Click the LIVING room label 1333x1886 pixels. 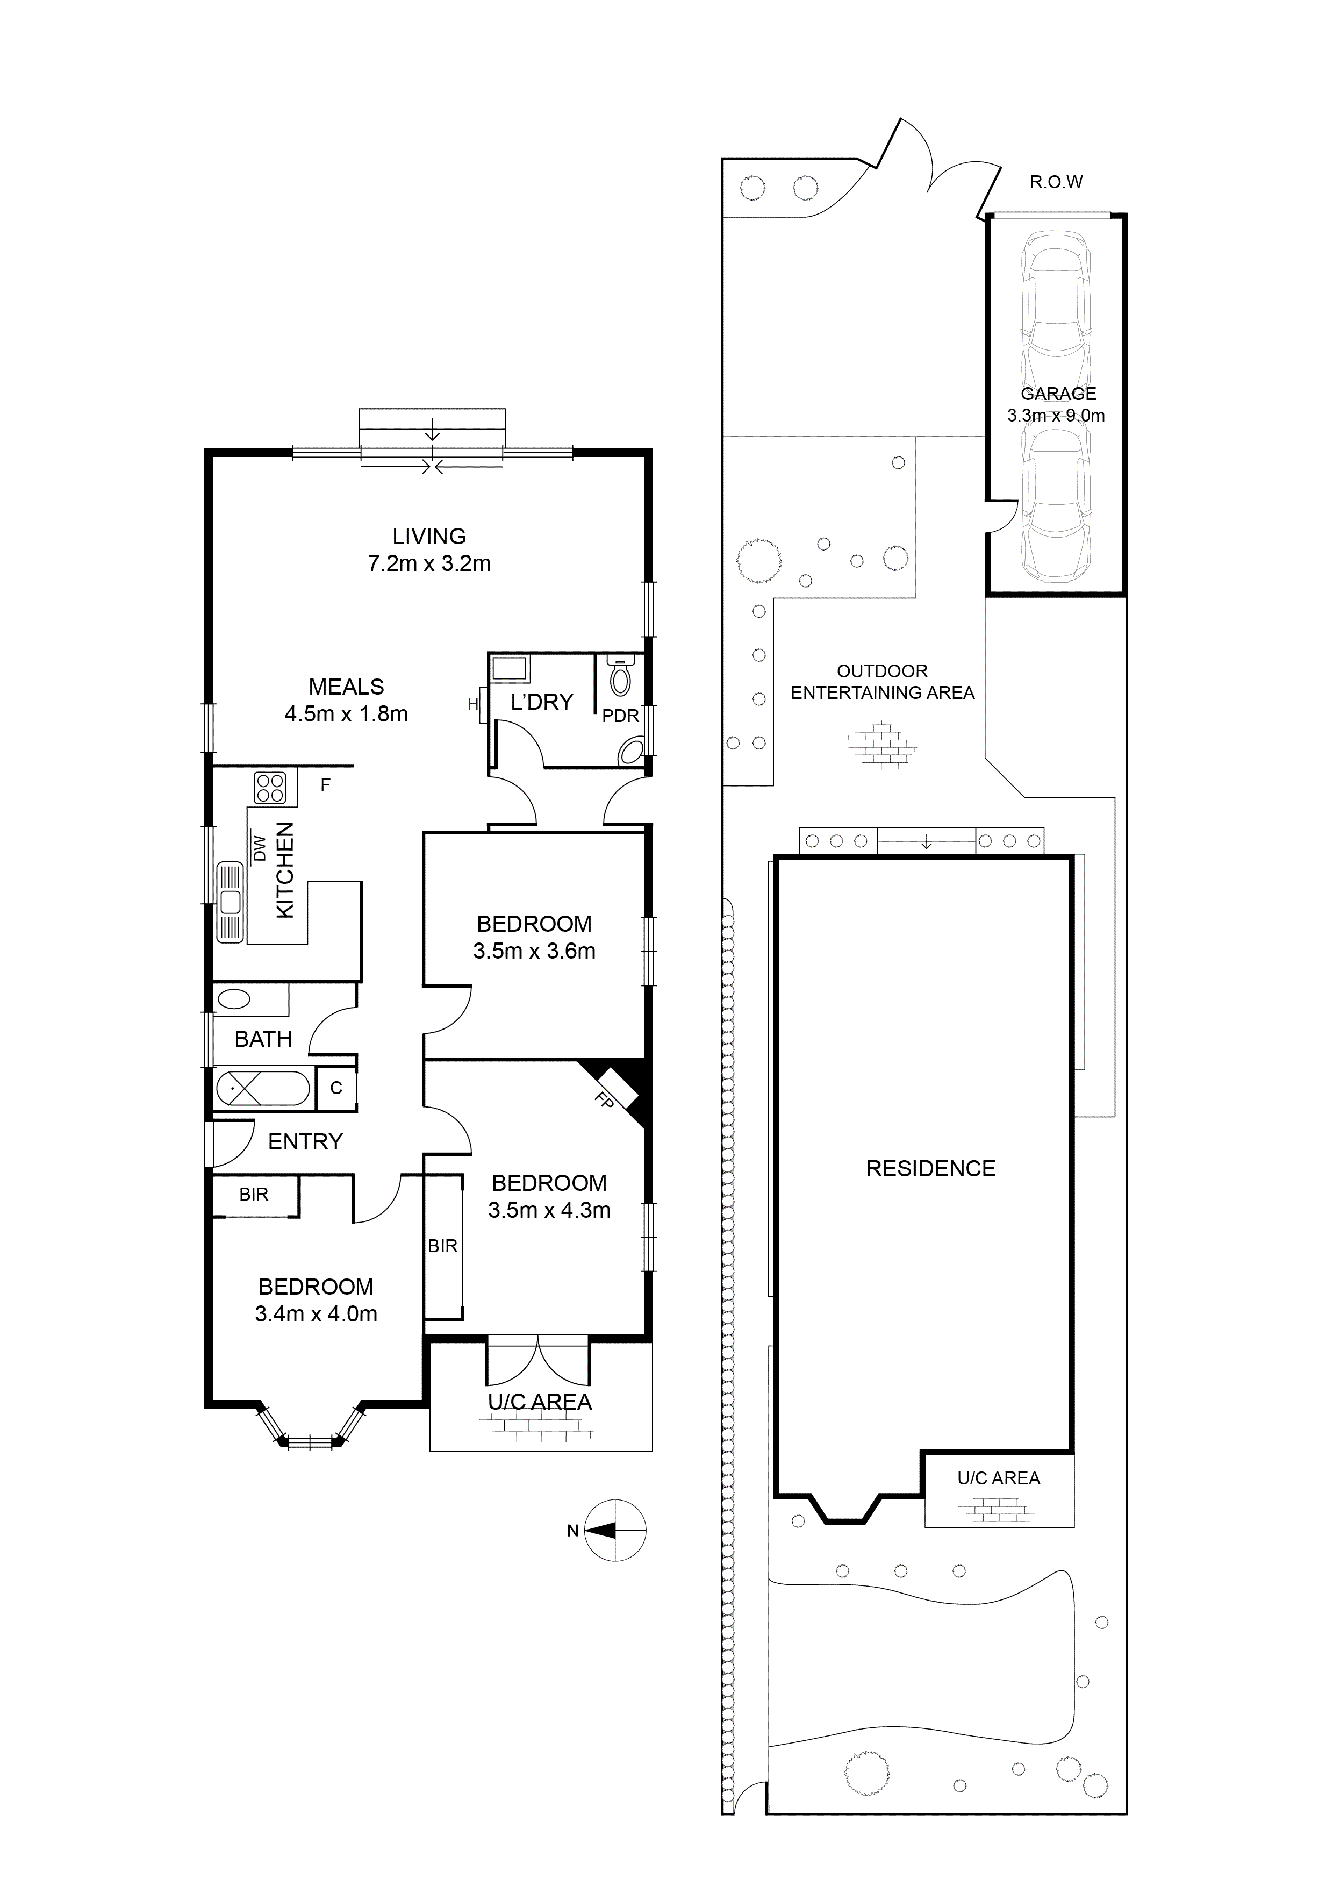429,537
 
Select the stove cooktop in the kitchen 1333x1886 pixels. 270,788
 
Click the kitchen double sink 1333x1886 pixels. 230,902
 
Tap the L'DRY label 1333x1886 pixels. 542,702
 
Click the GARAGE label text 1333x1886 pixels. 1058,394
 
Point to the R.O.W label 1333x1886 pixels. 1056,182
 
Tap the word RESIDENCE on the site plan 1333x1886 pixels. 930,1168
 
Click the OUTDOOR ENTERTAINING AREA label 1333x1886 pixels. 882,682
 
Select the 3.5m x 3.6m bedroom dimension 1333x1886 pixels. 534,951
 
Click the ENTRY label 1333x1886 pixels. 305,1142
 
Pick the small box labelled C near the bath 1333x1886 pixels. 336,1088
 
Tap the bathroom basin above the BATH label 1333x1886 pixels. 234,999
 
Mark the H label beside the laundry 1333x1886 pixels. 472,704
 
